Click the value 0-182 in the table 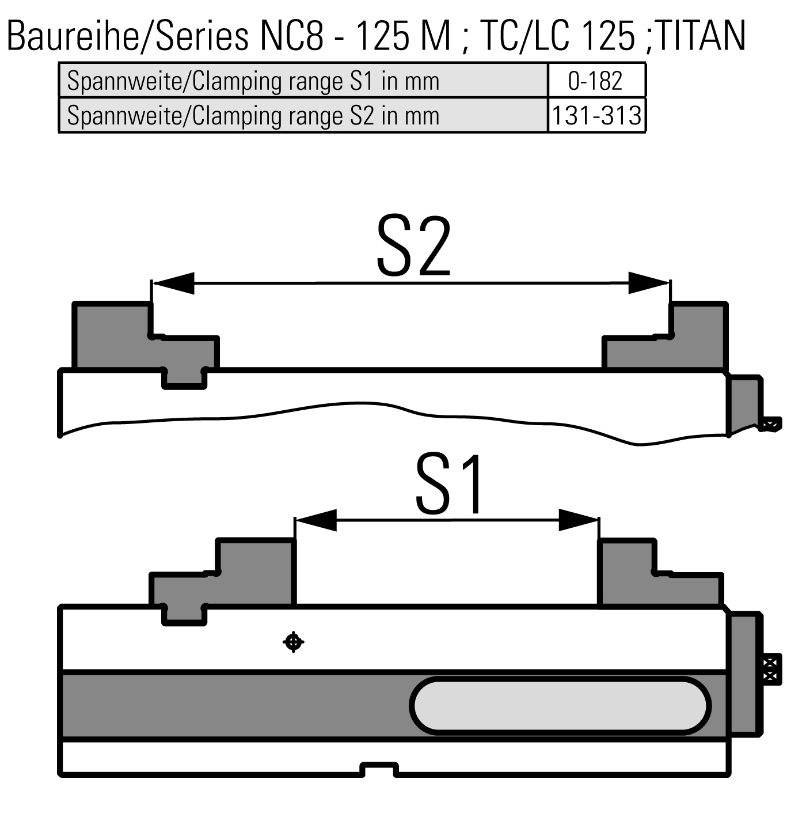[x=595, y=81]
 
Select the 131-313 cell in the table [x=596, y=116]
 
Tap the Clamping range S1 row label [x=253, y=81]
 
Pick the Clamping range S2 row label [x=253, y=116]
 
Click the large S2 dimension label [x=413, y=246]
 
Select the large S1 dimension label [x=450, y=484]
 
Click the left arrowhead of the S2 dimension [x=173, y=283]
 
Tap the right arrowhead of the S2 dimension [x=649, y=283]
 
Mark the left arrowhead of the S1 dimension [x=316, y=520]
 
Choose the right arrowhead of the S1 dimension [x=579, y=520]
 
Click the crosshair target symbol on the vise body [x=294, y=641]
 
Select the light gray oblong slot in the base [x=560, y=706]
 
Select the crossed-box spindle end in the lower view [x=771, y=669]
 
